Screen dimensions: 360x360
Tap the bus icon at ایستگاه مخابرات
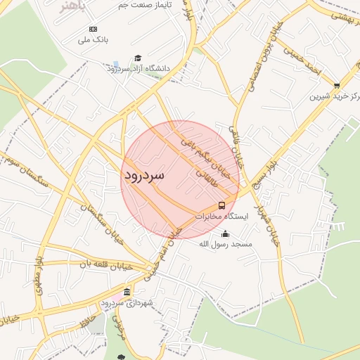(221, 205)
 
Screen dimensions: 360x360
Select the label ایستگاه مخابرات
(223, 217)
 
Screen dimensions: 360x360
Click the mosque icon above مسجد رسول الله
(225, 234)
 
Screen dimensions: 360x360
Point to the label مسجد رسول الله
(225, 244)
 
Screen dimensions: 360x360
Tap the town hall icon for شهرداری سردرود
(127, 292)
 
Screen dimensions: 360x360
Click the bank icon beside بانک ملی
(93, 29)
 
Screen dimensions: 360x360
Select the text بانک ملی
(93, 40)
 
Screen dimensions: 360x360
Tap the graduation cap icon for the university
(137, 58)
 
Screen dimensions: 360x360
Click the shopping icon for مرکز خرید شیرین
(336, 85)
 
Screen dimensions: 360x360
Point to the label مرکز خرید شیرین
(333, 96)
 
